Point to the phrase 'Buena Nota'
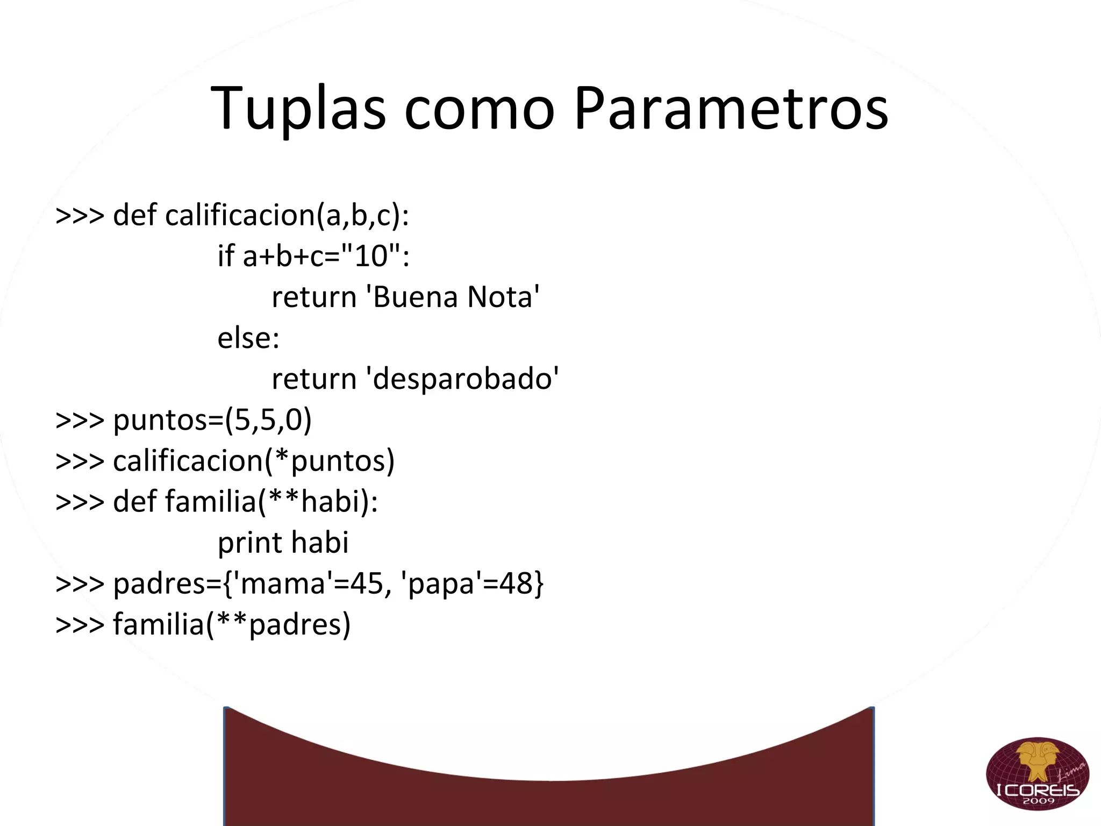453,297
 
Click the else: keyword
248,338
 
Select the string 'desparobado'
462,379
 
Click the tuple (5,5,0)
268,420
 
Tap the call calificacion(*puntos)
254,461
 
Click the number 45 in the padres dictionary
367,583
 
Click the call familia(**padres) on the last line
232,624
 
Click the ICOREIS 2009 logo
1037,773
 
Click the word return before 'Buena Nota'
314,297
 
